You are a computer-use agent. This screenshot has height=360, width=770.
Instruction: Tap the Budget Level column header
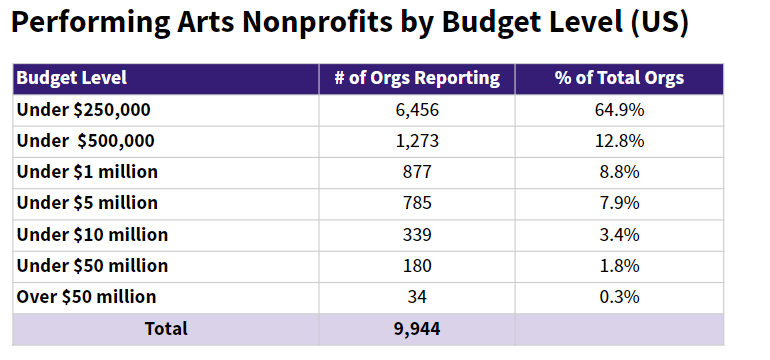pos(72,78)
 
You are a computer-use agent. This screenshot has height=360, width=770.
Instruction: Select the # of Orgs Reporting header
pos(417,78)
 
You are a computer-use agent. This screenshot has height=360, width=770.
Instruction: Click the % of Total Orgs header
pos(619,78)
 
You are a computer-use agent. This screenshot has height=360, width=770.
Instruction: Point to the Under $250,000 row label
pos(83,110)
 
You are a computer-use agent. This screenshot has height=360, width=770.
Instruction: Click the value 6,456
pos(417,110)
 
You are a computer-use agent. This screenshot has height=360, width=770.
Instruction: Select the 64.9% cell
pos(619,110)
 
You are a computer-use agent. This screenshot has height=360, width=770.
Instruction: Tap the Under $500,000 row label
pos(85,141)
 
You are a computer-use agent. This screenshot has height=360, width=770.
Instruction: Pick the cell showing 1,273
pos(417,141)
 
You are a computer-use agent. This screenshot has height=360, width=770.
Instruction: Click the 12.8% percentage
pos(619,141)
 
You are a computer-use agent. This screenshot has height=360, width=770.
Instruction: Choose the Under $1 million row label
pos(87,172)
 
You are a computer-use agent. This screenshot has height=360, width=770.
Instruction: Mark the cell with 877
pos(417,172)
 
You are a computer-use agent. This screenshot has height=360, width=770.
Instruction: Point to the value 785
pos(417,203)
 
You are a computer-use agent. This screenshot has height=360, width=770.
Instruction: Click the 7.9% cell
pos(619,203)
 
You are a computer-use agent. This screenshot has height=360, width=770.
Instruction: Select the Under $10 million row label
pos(92,235)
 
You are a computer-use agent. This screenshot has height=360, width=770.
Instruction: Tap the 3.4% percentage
pos(619,235)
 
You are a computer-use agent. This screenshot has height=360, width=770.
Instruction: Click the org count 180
pos(417,266)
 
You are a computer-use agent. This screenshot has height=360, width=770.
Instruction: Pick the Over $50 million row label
pos(86,297)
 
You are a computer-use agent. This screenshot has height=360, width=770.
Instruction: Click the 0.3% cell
pos(619,297)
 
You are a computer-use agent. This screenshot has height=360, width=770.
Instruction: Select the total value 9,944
pos(417,329)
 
